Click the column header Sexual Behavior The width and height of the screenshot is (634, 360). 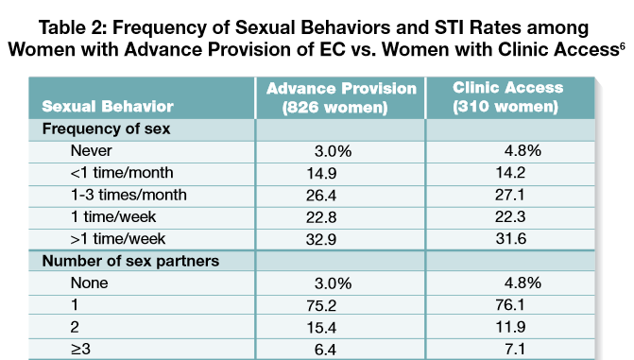[x=108, y=107]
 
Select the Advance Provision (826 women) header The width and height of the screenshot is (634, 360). [x=341, y=98]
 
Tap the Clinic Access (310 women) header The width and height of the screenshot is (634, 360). [x=507, y=97]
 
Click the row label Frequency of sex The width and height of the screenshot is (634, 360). [x=106, y=129]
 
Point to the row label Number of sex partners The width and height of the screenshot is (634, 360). [x=130, y=261]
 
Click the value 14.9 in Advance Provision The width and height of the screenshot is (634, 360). [x=321, y=173]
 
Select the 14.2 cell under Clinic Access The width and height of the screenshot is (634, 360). [x=510, y=173]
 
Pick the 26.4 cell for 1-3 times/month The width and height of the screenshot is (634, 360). [x=321, y=196]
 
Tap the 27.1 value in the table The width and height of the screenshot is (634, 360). [x=509, y=195]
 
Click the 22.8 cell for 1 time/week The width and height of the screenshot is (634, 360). [x=321, y=217]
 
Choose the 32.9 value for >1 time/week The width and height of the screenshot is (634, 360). [x=321, y=239]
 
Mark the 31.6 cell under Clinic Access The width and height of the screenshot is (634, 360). [x=510, y=239]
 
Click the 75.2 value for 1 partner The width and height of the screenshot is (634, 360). [x=321, y=305]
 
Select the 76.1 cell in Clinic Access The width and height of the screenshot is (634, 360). [x=510, y=304]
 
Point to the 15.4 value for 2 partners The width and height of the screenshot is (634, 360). [x=321, y=327]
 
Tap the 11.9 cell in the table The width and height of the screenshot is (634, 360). [x=510, y=327]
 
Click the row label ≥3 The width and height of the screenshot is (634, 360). [x=80, y=349]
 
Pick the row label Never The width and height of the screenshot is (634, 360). [x=91, y=150]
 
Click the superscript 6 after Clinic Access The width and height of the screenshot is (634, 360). [x=623, y=45]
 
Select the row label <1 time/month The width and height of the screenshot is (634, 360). [x=122, y=173]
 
